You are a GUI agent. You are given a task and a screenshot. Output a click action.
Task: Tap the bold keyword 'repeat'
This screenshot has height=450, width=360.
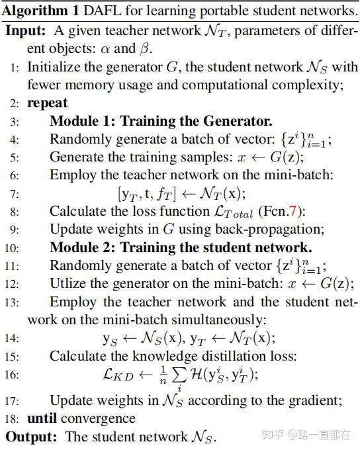47,104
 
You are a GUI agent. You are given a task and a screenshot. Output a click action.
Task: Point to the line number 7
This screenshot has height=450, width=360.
15,194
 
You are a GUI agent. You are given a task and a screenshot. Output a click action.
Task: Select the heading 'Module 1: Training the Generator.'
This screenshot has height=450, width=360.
161,122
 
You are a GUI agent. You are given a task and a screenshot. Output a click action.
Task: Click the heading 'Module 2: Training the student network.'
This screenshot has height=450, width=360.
181,248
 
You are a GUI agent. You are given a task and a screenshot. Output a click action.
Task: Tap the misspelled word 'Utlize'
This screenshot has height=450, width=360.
67,283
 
